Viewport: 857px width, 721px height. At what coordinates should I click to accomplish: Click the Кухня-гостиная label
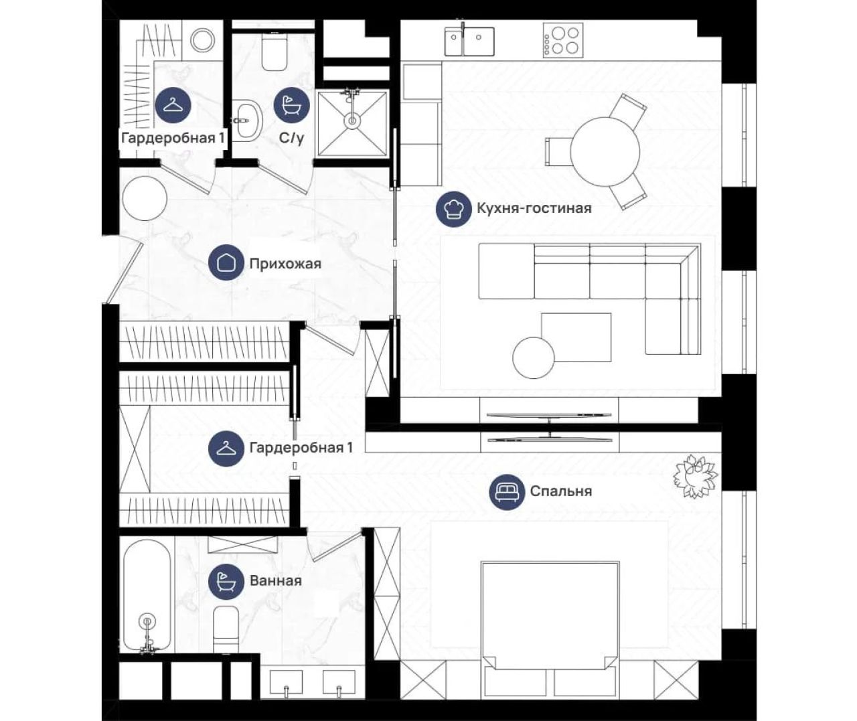(534, 208)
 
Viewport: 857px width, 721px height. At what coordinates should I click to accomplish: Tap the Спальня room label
(560, 491)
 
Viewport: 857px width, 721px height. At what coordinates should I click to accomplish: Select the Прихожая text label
(285, 264)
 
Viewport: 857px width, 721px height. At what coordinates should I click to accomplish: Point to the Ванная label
(276, 580)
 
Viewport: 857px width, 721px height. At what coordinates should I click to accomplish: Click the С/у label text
(291, 139)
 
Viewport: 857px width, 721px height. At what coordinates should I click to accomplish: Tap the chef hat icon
(453, 209)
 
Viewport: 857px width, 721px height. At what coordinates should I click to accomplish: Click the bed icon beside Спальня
(508, 491)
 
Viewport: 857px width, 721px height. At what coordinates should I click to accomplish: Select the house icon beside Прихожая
(226, 262)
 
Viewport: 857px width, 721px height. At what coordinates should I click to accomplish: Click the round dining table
(605, 151)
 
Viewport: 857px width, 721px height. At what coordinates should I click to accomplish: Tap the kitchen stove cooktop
(563, 39)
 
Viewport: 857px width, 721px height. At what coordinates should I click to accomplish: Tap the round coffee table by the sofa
(534, 357)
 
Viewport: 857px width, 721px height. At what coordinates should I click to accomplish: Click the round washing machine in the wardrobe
(202, 39)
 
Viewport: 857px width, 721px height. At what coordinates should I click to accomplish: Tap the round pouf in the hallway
(145, 199)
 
